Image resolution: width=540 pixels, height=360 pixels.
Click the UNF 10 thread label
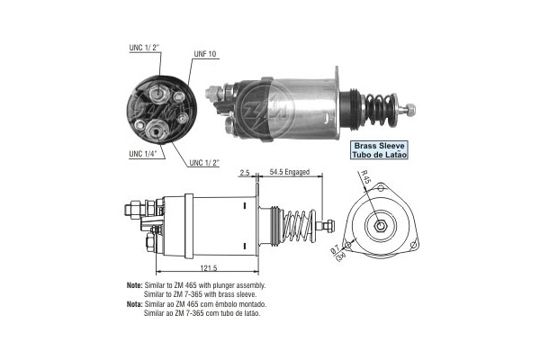point(205,54)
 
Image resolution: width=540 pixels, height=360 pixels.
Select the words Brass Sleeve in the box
point(378,145)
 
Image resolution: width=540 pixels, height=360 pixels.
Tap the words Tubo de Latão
point(378,156)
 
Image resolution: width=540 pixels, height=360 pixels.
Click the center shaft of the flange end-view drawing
point(382,223)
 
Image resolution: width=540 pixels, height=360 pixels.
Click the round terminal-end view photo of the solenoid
point(162,110)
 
